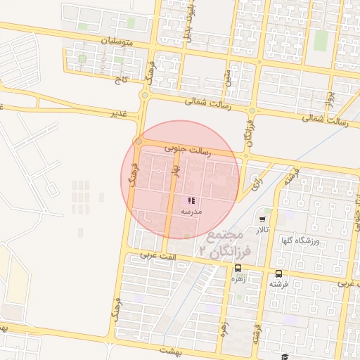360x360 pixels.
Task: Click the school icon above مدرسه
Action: pos(191,201)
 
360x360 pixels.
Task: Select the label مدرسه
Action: pos(191,211)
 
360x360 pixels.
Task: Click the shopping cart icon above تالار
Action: pos(263,219)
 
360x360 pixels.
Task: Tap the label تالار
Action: pos(262,230)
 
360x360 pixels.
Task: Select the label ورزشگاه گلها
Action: pos(300,240)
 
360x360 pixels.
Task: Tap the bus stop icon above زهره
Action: pos(238,269)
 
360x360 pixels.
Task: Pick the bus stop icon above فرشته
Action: pos(278,273)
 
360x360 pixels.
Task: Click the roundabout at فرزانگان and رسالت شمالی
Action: pos(251,110)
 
